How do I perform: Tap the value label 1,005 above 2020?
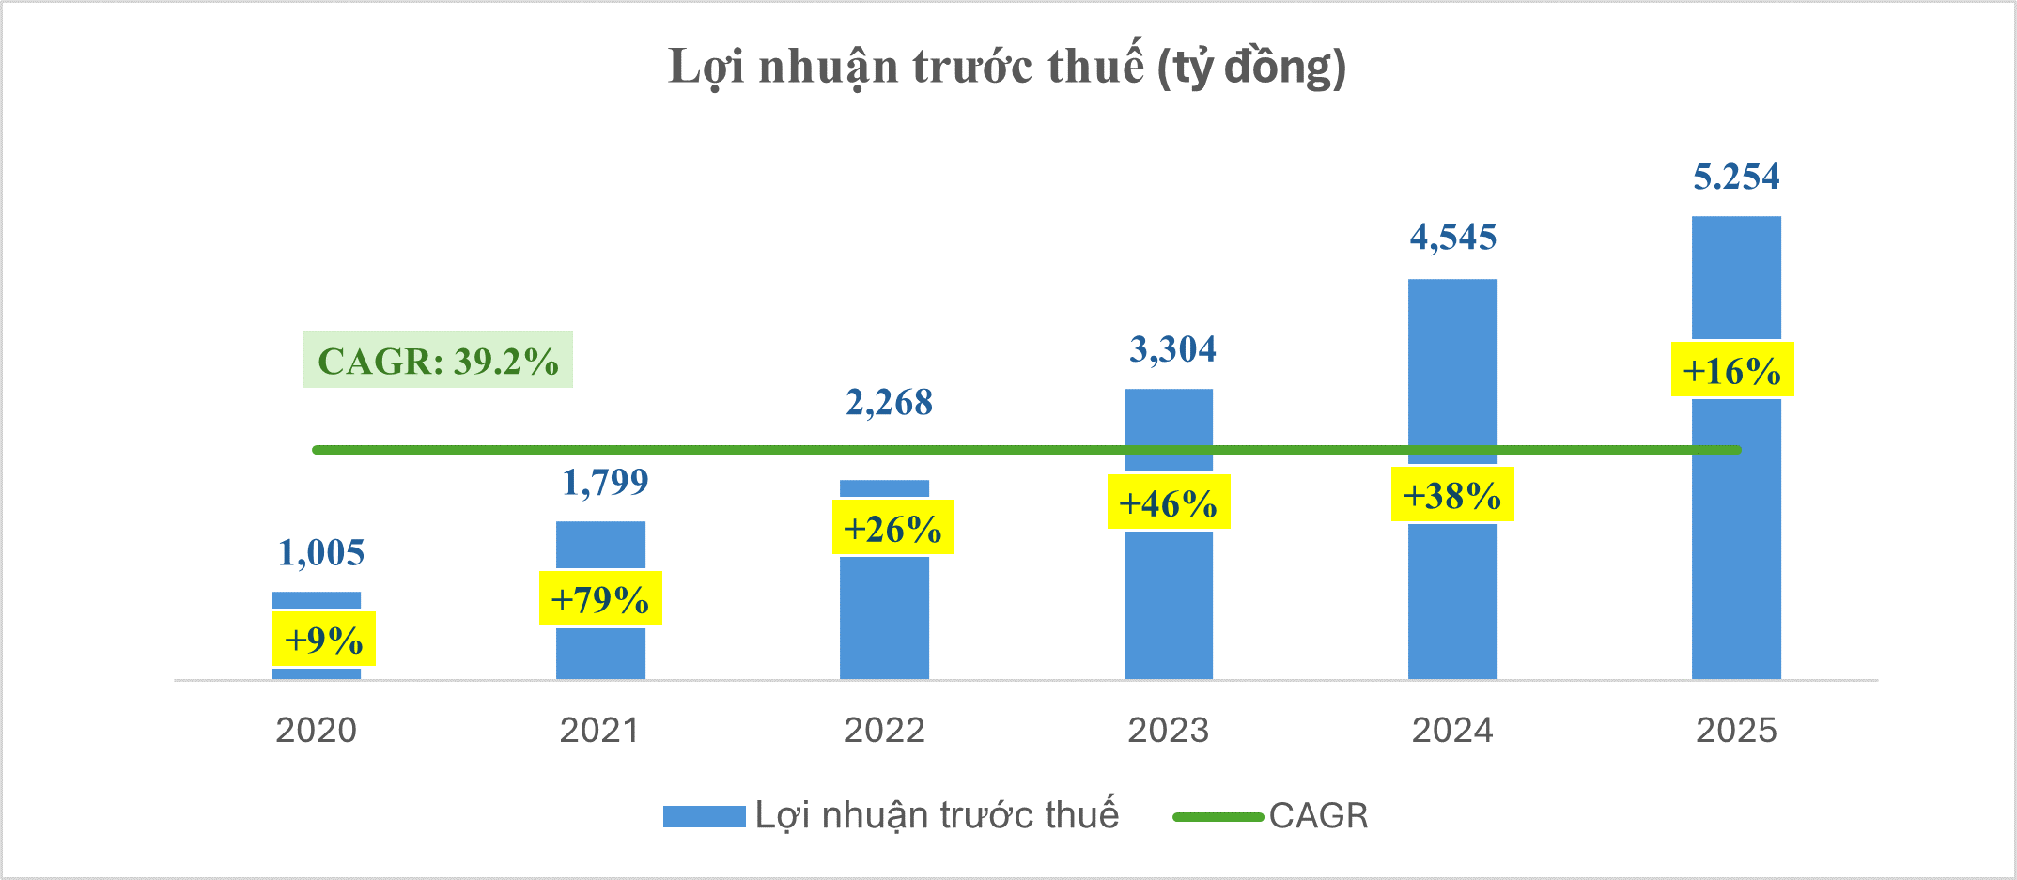321,553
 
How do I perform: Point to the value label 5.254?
1736,177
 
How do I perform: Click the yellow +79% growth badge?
600,598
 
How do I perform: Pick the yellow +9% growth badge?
323,640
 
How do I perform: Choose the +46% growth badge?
1168,503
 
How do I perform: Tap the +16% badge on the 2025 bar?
1731,370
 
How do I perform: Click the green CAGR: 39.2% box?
438,360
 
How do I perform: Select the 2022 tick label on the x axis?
884,730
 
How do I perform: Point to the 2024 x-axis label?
1452,730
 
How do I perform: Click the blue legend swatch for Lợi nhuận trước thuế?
704,816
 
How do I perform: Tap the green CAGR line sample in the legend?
1218,816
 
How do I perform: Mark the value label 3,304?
1172,349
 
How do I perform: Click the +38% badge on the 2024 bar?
1451,495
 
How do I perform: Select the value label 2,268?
889,403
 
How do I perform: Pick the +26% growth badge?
892,528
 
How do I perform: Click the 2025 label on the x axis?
1736,730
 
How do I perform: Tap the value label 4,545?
1452,238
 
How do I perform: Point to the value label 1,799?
605,483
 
